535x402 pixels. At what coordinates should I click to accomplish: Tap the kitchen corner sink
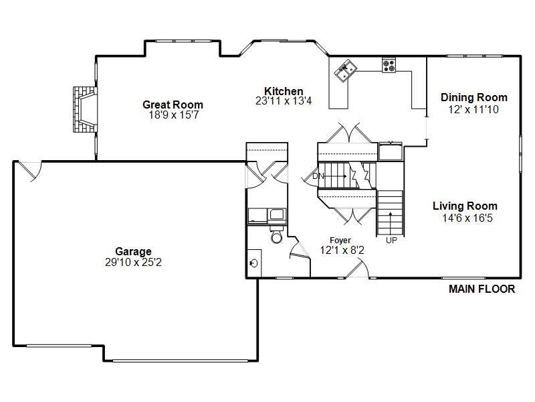point(346,69)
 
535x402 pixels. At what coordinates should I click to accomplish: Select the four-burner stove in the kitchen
point(389,65)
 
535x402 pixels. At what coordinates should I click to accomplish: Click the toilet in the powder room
point(276,237)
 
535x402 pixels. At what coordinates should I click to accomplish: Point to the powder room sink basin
point(255,262)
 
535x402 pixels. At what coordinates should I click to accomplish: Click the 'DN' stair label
point(318,177)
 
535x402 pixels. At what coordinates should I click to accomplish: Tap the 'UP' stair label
point(391,239)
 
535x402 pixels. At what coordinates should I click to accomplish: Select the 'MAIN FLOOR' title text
point(481,289)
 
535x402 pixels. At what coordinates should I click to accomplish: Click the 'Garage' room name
point(133,252)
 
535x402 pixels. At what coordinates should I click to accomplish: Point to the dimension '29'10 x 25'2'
point(133,263)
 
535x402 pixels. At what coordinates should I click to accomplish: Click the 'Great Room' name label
point(173,105)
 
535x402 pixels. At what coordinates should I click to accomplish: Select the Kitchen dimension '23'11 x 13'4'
point(284,101)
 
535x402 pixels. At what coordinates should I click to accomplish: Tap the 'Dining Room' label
point(473,98)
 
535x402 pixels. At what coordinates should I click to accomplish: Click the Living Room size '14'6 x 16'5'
point(465,218)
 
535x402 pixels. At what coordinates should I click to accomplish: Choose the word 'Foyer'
point(340,241)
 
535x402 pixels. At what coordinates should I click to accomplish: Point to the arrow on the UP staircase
point(391,222)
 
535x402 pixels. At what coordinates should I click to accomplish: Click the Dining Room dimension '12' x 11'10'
point(473,109)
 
